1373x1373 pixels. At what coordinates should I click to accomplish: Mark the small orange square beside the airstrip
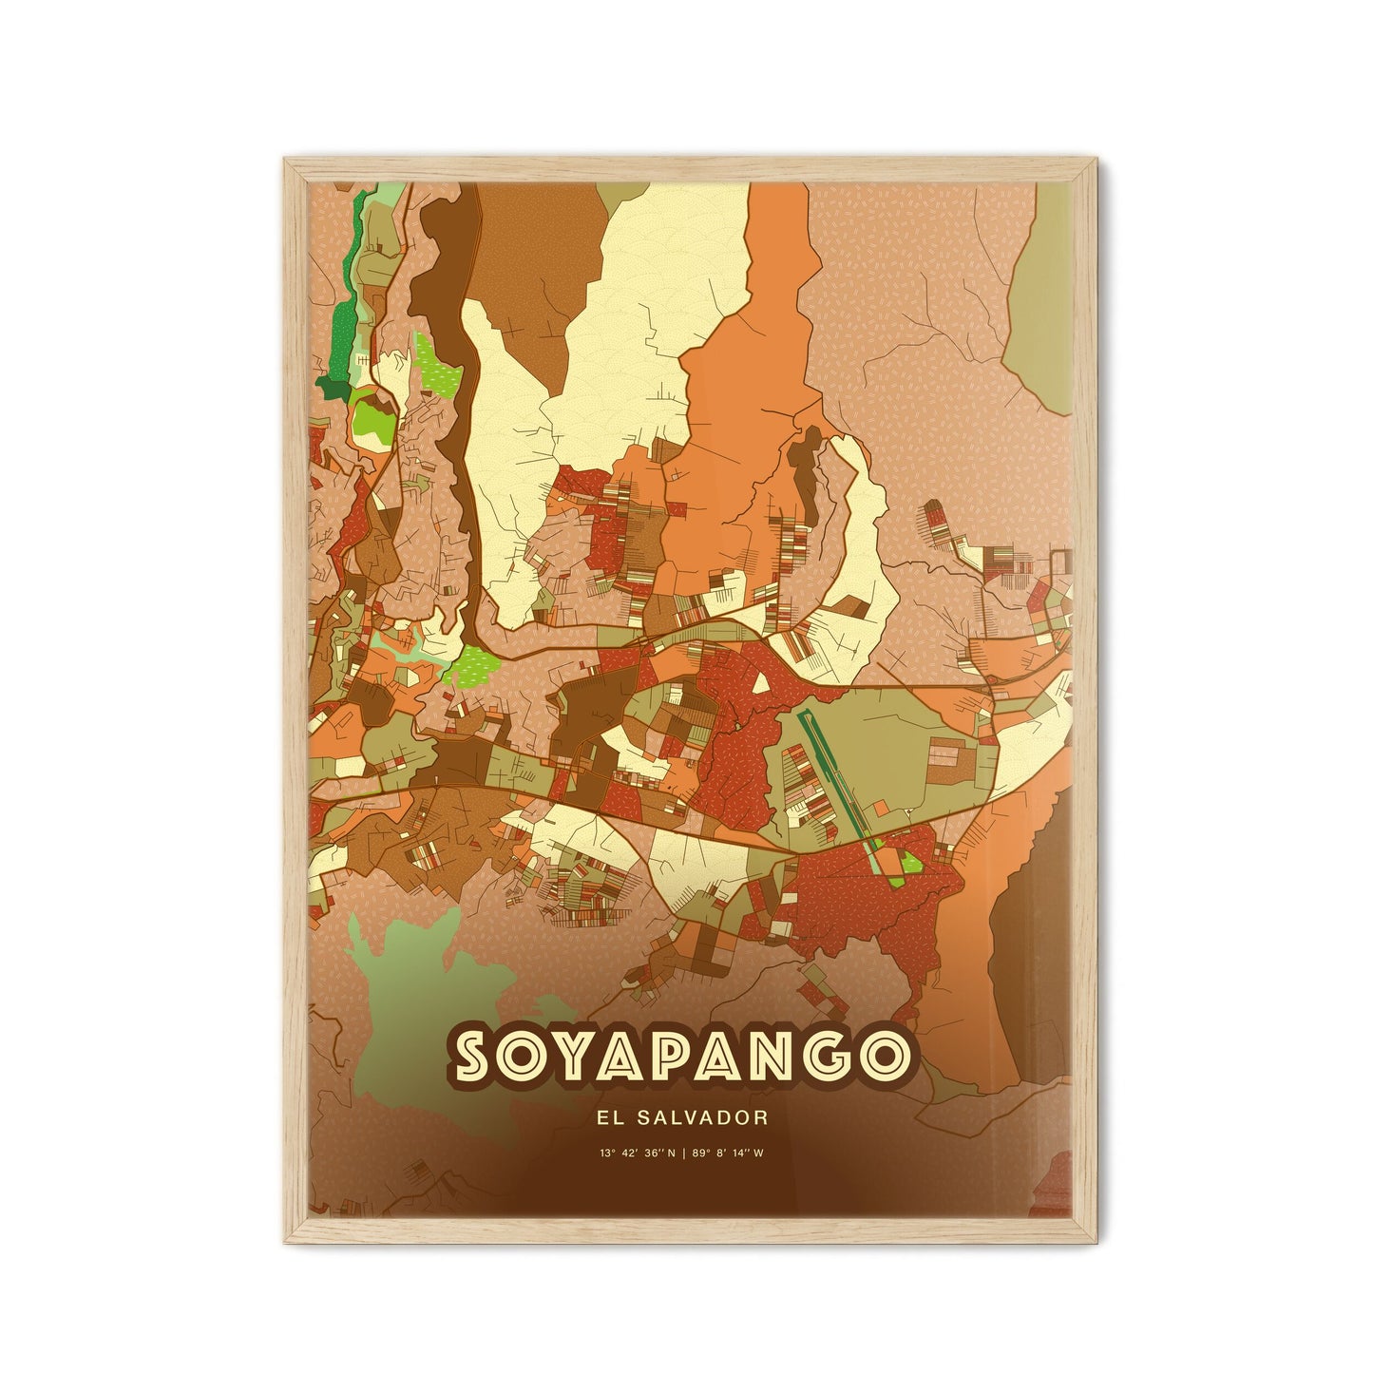click(x=883, y=810)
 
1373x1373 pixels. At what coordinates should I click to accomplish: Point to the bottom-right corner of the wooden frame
click(x=1087, y=1239)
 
